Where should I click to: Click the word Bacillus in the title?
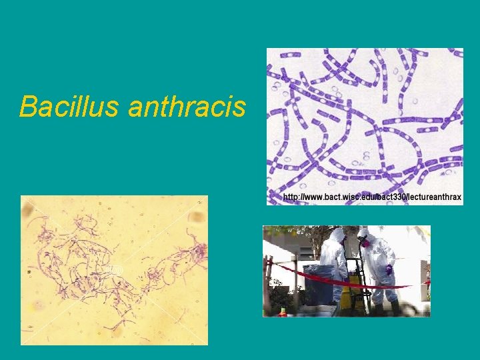[x=69, y=106]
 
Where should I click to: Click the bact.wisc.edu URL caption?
[x=372, y=197]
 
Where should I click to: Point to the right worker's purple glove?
[x=389, y=269]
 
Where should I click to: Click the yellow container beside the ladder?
[x=347, y=293]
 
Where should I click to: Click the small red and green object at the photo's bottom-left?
[x=283, y=311]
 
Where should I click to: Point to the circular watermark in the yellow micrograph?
[x=114, y=270]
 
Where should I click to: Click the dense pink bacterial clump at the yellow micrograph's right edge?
[x=199, y=252]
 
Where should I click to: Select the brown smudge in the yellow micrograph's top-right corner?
[x=197, y=217]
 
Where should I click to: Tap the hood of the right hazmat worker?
[x=364, y=234]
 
